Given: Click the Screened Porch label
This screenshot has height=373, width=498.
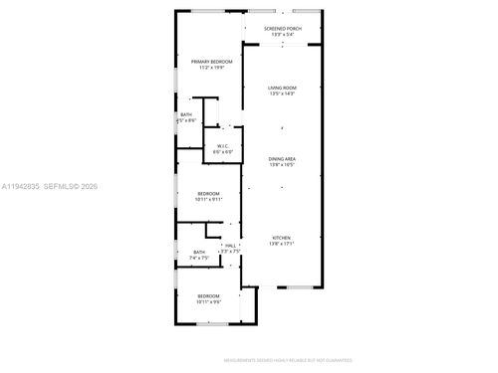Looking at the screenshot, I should point(282,29).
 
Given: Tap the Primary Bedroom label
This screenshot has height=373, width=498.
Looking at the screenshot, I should point(208,62).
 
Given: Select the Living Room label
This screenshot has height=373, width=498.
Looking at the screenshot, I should point(282,89).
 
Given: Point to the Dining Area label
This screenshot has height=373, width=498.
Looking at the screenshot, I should point(282,159).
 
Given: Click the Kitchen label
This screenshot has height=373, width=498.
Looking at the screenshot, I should point(282,238).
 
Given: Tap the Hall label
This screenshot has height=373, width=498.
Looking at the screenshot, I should point(230,245).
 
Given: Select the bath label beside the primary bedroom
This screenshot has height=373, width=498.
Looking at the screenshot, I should point(186,115).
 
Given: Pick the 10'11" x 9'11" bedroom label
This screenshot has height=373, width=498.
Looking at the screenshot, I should point(208,193).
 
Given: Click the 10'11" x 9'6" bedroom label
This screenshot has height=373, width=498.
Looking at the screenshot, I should point(208,295).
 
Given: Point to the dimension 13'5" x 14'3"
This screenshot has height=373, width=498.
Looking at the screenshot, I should point(282,94).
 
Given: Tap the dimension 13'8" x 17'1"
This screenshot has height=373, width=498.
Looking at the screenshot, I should point(282,244).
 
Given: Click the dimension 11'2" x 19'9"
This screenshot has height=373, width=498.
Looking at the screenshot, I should point(208,68).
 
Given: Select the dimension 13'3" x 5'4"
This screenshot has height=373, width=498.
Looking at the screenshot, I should point(282,35).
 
